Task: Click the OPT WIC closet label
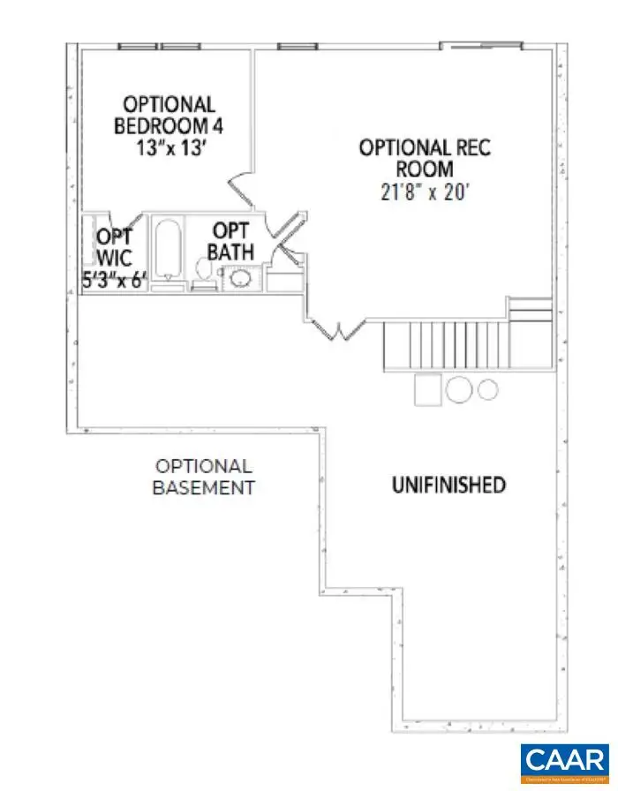[x=115, y=245]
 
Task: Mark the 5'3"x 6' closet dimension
[x=115, y=283]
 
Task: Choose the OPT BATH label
[x=230, y=241]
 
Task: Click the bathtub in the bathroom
[x=167, y=251]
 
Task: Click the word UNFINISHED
[x=448, y=484]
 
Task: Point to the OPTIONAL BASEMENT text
[x=204, y=477]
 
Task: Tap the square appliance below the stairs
[x=428, y=388]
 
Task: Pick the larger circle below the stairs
[x=459, y=389]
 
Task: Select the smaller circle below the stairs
[x=488, y=388]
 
